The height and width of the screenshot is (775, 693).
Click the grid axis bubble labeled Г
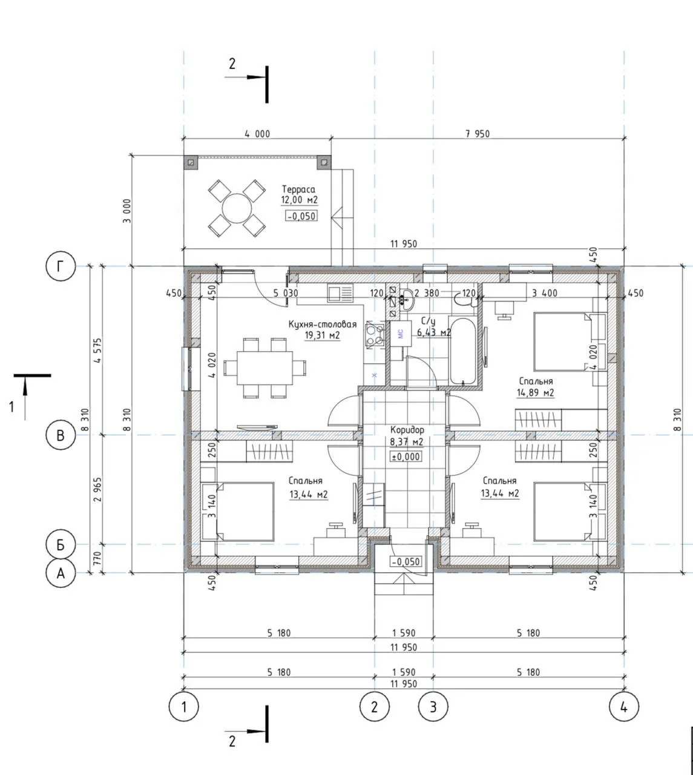(x=61, y=266)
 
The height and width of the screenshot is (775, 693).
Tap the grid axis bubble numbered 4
(x=624, y=707)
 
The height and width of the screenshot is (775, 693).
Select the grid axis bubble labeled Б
(x=61, y=545)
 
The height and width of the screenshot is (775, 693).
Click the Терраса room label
(x=299, y=190)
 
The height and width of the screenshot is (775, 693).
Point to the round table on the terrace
(x=237, y=208)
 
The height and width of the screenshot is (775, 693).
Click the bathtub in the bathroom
(x=463, y=351)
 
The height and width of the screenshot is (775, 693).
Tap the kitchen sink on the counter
(x=340, y=294)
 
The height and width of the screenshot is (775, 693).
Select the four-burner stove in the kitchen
(x=375, y=335)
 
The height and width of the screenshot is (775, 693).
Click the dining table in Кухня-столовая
(x=264, y=368)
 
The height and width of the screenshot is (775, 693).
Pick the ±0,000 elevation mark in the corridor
(x=406, y=457)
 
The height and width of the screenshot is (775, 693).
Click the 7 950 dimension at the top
(x=478, y=134)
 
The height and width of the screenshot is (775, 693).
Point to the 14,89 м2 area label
(x=536, y=393)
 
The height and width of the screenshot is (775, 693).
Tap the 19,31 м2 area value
(x=322, y=335)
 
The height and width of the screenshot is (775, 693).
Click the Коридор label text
(x=407, y=430)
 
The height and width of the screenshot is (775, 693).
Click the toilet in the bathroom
(x=465, y=299)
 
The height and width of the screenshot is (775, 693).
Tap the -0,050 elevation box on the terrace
(x=301, y=216)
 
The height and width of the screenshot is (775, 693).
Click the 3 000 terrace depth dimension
(x=127, y=211)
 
